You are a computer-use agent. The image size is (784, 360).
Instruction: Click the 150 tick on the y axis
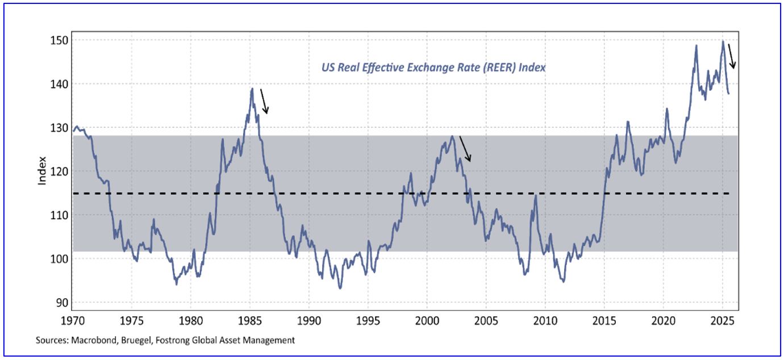59,40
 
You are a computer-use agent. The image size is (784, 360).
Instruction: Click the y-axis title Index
42,171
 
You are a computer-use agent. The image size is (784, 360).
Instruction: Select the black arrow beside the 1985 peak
264,101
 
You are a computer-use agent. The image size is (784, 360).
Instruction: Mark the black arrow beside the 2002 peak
465,149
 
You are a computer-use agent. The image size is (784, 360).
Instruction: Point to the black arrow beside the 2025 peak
732,56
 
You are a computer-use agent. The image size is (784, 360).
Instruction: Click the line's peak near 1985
252,88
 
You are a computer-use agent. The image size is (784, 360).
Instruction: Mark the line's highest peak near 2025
723,41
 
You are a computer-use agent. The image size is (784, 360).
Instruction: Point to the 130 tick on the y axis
59,128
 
